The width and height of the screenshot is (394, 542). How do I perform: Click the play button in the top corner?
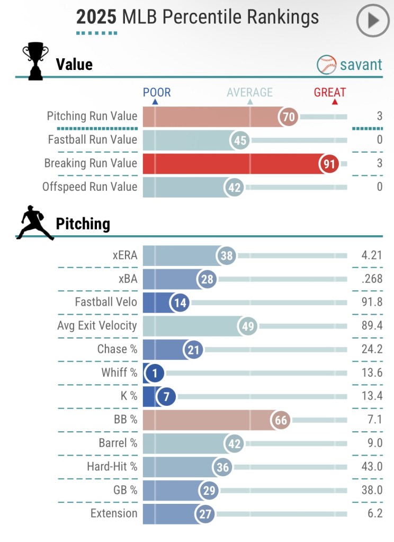pyautogui.click(x=373, y=21)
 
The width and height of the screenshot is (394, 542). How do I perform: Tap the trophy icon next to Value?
pyautogui.click(x=35, y=63)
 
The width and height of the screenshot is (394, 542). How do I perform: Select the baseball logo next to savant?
pyautogui.click(x=327, y=65)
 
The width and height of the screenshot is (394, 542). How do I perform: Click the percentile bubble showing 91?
pyautogui.click(x=329, y=164)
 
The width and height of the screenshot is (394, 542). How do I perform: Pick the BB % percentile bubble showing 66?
pyautogui.click(x=281, y=420)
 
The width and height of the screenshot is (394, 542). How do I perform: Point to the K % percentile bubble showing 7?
pyautogui.click(x=166, y=396)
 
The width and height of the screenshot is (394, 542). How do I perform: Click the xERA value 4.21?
pyautogui.click(x=371, y=256)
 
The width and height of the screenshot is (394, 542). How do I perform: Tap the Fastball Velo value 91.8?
pyautogui.click(x=372, y=303)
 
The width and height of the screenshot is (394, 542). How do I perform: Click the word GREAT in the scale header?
pyautogui.click(x=329, y=93)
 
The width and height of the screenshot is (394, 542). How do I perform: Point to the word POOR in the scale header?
pyautogui.click(x=157, y=93)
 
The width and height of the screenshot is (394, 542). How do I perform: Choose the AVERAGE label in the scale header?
pyautogui.click(x=249, y=93)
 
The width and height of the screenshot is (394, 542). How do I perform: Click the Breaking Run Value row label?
pyautogui.click(x=91, y=163)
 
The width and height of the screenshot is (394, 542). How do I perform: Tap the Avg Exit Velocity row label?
pyautogui.click(x=97, y=326)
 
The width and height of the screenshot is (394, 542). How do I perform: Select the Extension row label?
pyautogui.click(x=113, y=513)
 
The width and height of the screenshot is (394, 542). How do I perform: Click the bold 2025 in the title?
pyautogui.click(x=96, y=17)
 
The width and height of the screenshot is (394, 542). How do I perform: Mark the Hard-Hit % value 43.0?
pyautogui.click(x=372, y=466)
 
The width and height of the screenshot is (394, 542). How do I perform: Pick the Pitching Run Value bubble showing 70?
pyautogui.click(x=289, y=117)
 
